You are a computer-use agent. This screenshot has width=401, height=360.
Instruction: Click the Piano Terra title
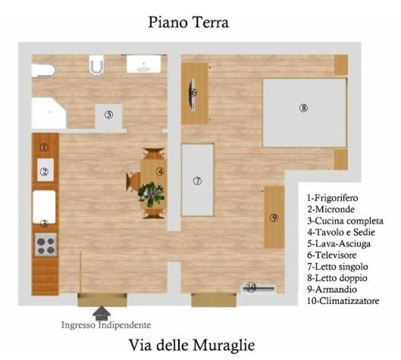pos(189,22)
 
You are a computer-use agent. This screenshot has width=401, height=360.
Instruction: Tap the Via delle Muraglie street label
pos(192,345)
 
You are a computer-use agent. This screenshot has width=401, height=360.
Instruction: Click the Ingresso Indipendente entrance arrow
pos(102,313)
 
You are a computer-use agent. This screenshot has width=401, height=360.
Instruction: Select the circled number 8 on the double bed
pos(303,108)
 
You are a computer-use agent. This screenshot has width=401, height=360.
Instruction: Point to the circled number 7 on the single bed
pos(197,181)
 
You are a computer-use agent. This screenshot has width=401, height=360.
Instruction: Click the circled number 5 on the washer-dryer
pos(109,114)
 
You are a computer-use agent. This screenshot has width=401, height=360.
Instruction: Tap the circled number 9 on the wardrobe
pos(274,218)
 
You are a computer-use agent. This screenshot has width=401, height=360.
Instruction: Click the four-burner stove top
pos(45,245)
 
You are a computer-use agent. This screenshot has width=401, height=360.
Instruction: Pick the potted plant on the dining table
pos(151,194)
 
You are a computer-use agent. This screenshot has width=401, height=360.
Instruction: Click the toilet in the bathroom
pos(96,65)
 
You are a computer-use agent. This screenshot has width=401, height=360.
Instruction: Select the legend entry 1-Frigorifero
pos(333,198)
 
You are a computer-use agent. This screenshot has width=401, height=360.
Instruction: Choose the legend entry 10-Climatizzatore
pos(343,301)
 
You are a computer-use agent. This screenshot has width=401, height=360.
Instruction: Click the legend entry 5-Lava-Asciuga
pos(339,244)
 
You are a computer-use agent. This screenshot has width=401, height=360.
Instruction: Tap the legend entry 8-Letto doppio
pos(337,278)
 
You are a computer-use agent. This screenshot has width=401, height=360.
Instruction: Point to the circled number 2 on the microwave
pos(45,171)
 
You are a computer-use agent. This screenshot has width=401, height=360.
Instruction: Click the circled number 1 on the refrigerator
pos(44,148)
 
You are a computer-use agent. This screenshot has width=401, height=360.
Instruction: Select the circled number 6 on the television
pos(193,92)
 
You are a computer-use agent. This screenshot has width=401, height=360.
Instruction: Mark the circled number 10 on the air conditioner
pos(252,288)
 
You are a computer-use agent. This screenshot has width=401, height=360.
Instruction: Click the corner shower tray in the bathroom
pos(49,114)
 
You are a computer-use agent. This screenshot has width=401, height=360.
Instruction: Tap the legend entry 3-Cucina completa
pos(345,221)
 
